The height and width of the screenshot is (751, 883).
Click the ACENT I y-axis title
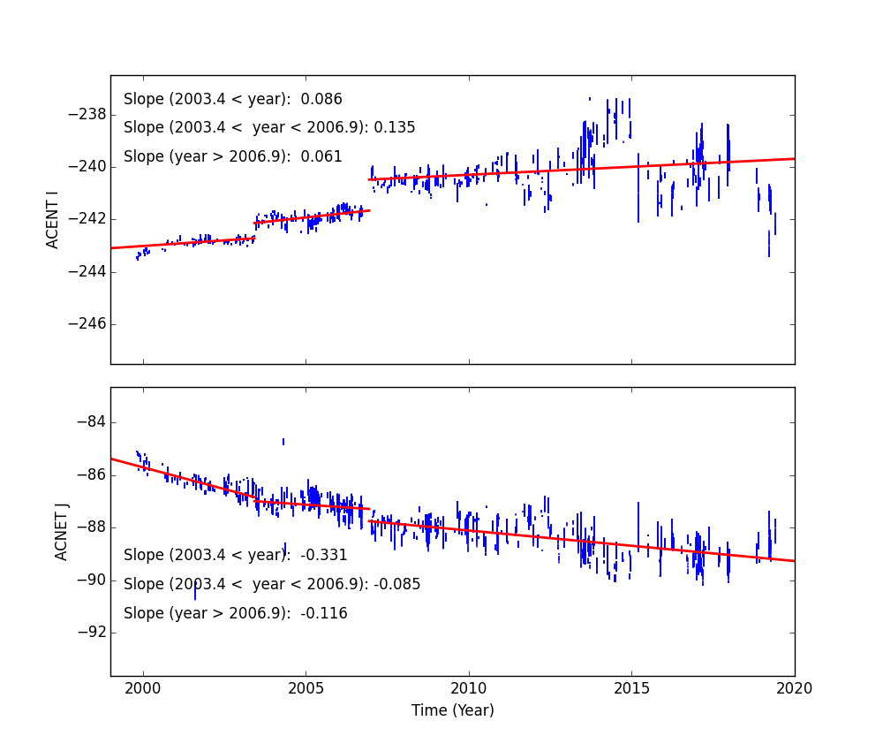pyautogui.click(x=53, y=219)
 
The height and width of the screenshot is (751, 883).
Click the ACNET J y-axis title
pyautogui.click(x=62, y=531)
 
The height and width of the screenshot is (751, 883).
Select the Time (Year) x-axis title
pyautogui.click(x=452, y=710)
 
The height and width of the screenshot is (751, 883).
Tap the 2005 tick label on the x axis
pyautogui.click(x=306, y=688)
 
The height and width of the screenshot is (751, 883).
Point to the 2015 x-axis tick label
pyautogui.click(x=631, y=688)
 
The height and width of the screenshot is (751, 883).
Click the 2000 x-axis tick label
pyautogui.click(x=143, y=688)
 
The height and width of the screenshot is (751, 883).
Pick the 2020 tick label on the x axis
pyautogui.click(x=794, y=688)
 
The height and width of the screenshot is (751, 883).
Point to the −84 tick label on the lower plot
pyautogui.click(x=90, y=422)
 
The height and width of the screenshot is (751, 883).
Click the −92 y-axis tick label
pyautogui.click(x=90, y=632)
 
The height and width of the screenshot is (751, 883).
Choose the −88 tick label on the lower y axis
pyautogui.click(x=90, y=527)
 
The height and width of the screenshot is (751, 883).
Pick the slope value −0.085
pyautogui.click(x=396, y=585)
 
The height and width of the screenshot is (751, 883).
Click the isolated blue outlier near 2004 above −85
pyautogui.click(x=283, y=441)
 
